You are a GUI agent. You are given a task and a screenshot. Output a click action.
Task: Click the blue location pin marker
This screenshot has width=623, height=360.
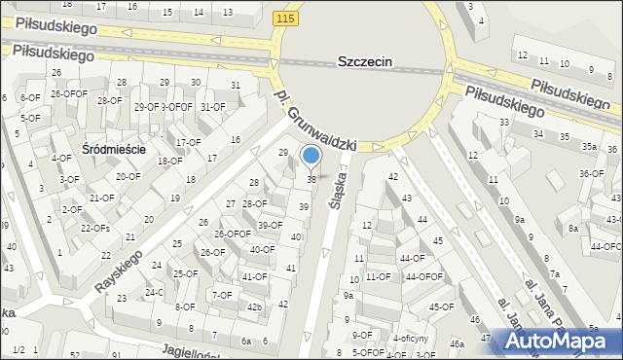click(x=311, y=156)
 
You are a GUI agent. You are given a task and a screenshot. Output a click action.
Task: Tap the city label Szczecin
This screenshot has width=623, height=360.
click(x=364, y=60)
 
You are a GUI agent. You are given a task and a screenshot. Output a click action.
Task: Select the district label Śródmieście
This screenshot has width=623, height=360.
click(x=114, y=149)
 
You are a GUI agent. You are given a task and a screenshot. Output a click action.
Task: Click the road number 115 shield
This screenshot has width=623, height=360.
click(x=284, y=18)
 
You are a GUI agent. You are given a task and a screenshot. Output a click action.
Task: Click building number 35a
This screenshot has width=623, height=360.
click(x=589, y=147)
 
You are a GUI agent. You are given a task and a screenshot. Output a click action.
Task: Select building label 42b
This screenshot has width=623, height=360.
click(x=254, y=307)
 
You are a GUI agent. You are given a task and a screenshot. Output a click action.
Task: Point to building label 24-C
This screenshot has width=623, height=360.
click(x=154, y=292)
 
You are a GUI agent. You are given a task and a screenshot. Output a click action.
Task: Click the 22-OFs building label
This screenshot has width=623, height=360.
click(x=94, y=228)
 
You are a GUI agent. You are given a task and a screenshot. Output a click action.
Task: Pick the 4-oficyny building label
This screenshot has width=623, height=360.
click(x=413, y=338)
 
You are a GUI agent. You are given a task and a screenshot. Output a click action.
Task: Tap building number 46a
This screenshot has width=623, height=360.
click(x=457, y=343)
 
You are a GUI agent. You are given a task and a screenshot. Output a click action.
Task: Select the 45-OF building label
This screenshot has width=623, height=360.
click(x=441, y=307)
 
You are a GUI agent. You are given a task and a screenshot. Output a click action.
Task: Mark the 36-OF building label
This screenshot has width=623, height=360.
click(x=592, y=174)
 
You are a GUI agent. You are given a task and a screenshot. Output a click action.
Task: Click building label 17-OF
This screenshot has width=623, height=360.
click(x=188, y=142)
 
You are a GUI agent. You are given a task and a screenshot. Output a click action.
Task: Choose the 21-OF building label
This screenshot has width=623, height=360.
click(x=102, y=198)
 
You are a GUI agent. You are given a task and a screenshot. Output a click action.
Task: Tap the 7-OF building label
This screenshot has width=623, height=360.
click(x=222, y=295)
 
